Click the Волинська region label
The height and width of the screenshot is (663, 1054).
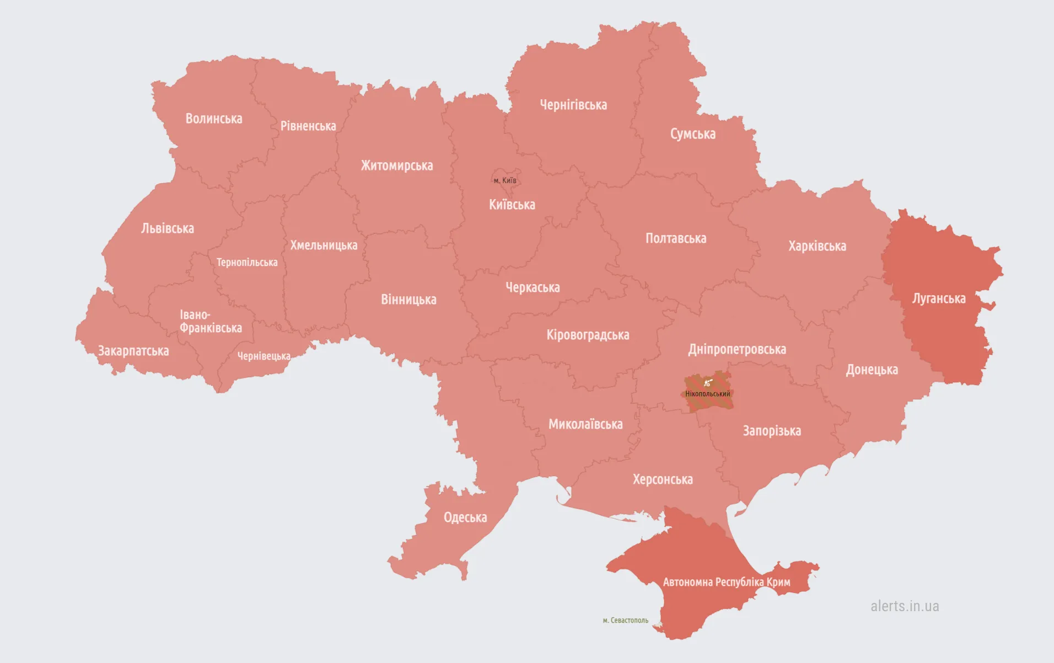[x=214, y=119]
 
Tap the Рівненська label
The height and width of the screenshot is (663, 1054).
[x=308, y=126]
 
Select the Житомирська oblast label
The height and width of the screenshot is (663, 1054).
[x=397, y=165]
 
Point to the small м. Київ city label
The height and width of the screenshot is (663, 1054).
[x=505, y=180]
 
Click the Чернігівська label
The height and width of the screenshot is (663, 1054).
[x=573, y=105]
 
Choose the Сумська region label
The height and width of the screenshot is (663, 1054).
[x=693, y=134]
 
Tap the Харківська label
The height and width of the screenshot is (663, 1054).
[x=817, y=246]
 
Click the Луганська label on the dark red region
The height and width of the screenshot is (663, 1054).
[x=939, y=298]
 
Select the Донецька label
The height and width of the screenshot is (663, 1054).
[x=872, y=370]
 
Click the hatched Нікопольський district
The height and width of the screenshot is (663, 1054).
[x=708, y=393]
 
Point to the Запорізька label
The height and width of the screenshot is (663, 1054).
[x=772, y=431]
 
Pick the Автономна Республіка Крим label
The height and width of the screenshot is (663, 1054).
[x=727, y=582]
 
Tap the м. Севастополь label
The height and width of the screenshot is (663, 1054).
[x=626, y=621]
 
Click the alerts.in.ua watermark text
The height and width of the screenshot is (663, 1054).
[x=905, y=606]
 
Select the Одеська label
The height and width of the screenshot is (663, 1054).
[x=465, y=517]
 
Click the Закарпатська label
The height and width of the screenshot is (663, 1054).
[x=133, y=351]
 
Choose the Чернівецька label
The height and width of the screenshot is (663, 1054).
[x=263, y=356]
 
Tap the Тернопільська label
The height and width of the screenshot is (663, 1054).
[x=247, y=263]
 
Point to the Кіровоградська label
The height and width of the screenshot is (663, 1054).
[x=588, y=335]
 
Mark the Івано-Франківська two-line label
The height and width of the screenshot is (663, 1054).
[x=211, y=322]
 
